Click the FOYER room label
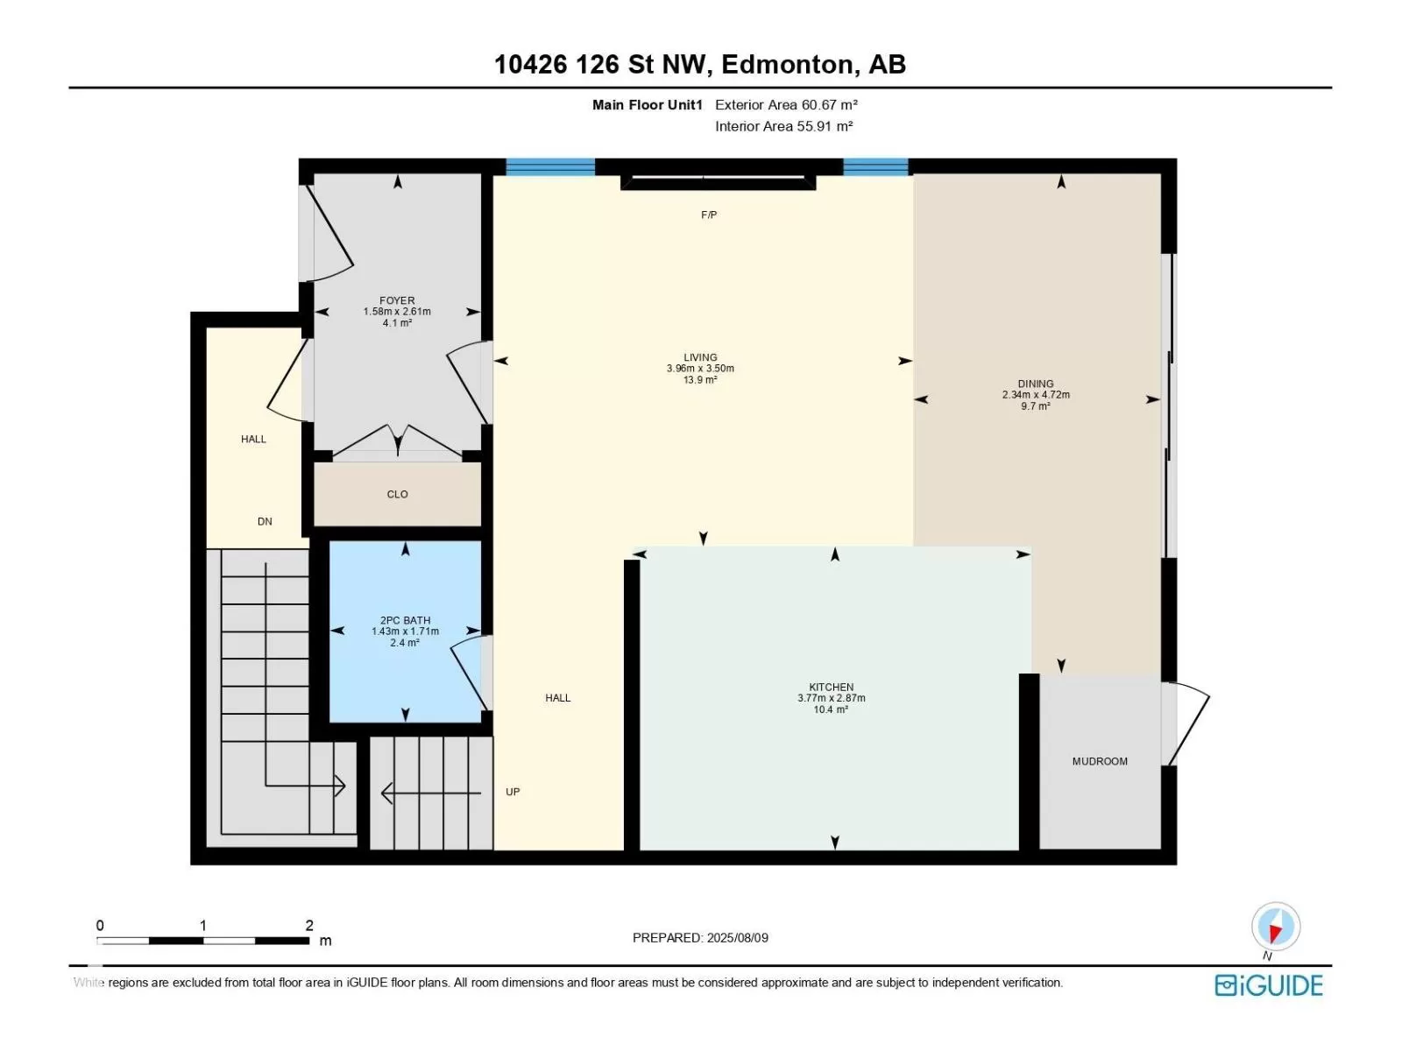397,300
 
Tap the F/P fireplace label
708,215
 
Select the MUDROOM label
1099,761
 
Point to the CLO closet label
397,494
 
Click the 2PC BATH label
405,619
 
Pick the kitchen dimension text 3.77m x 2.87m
831,698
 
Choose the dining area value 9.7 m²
1035,406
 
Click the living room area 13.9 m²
700,380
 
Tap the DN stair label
265,521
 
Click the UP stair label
513,792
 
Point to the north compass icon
1276,927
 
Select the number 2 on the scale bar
309,925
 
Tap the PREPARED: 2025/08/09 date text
700,938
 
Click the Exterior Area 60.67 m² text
786,104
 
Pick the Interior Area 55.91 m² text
783,126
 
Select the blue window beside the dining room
875,166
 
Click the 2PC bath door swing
470,675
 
